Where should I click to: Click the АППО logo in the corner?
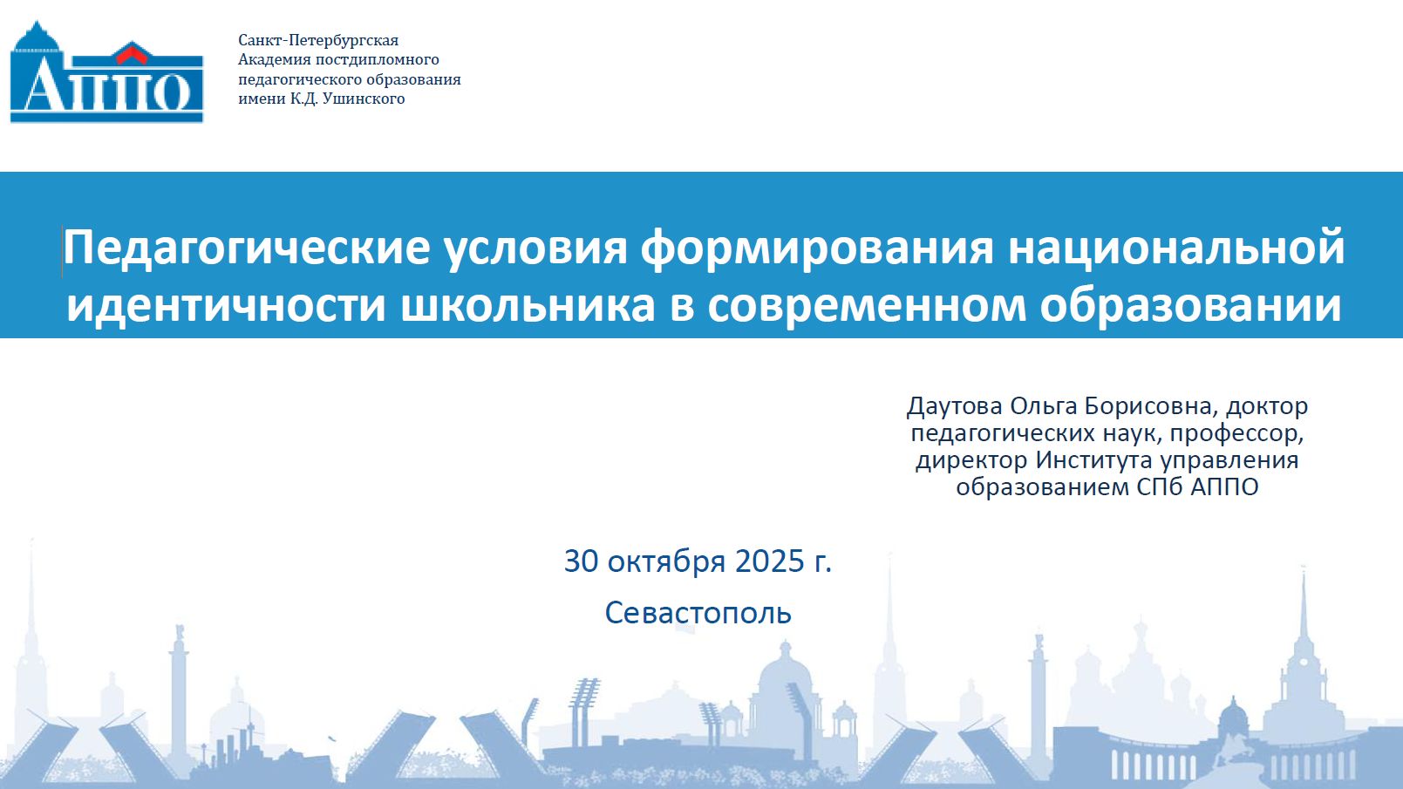(x=106, y=72)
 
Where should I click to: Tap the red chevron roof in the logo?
(x=131, y=54)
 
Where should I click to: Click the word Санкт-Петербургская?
(x=318, y=40)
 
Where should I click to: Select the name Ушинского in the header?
(x=364, y=99)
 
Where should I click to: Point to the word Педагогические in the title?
(x=247, y=248)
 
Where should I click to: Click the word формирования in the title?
(x=817, y=248)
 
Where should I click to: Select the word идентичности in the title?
(x=226, y=306)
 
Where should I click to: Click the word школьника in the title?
(x=528, y=306)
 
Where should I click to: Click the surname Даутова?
(x=954, y=406)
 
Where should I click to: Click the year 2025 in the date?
(x=770, y=561)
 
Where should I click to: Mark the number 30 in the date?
(x=582, y=561)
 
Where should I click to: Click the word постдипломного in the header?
(x=377, y=59)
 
